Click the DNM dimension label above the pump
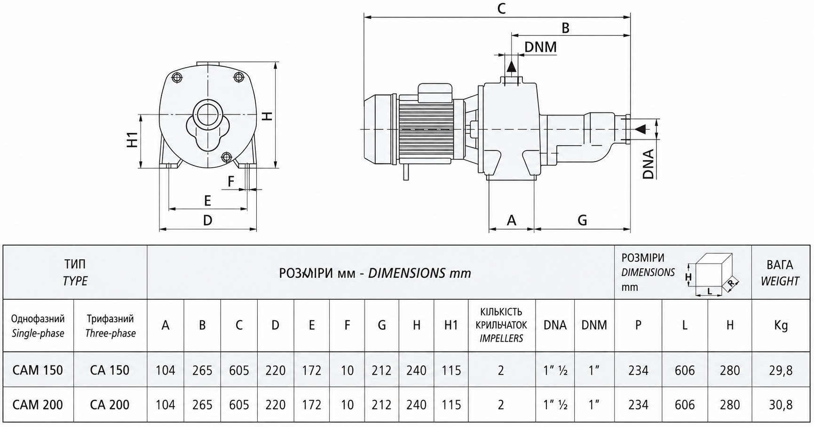[540, 47]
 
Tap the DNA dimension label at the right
[648, 164]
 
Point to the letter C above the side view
[501, 8]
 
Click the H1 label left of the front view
[134, 140]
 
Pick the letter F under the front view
[231, 181]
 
